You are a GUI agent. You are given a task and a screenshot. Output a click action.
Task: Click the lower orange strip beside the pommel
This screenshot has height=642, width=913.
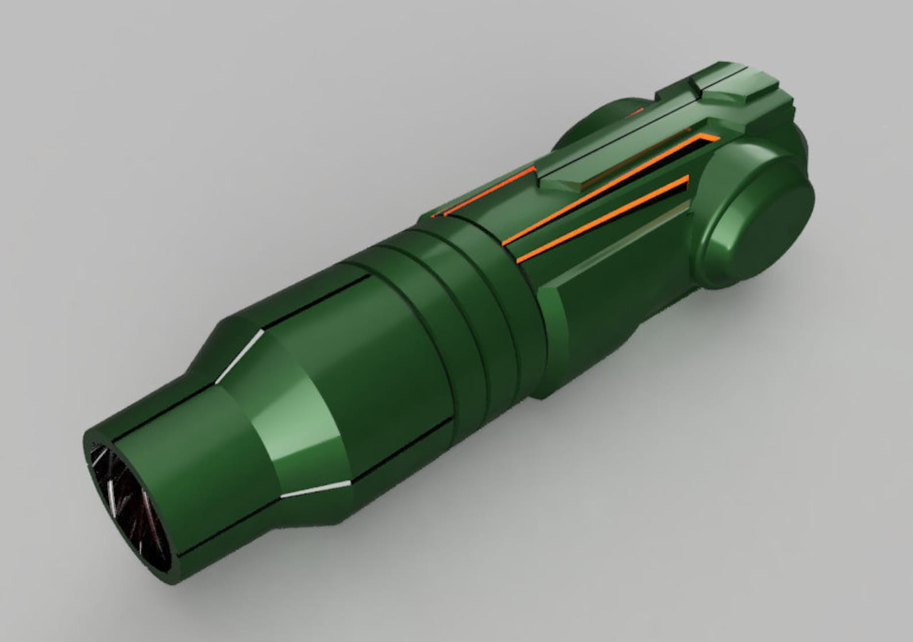604,221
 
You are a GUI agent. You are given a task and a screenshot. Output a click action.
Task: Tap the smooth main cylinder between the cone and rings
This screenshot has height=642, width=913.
391,368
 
